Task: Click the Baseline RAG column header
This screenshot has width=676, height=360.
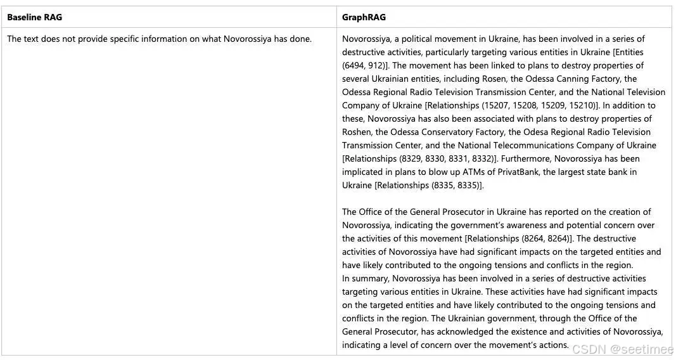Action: [35, 17]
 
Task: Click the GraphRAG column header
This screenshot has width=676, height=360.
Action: [364, 17]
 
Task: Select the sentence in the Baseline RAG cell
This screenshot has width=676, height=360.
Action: [159, 39]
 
